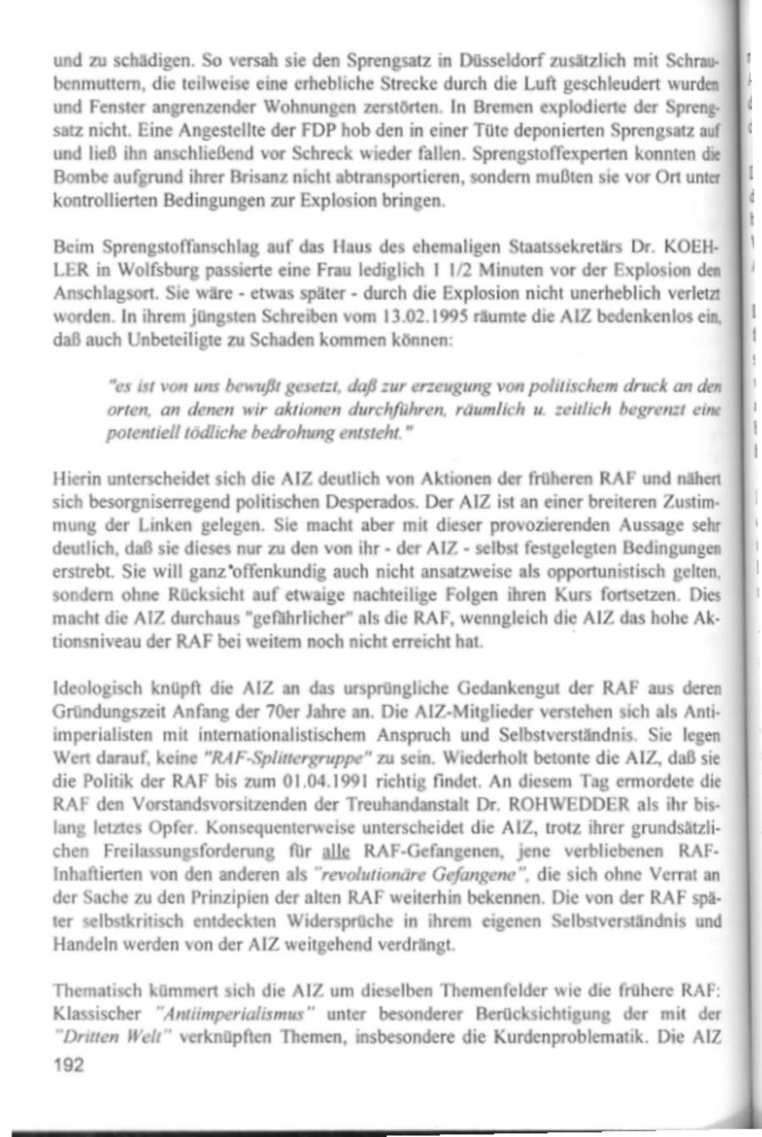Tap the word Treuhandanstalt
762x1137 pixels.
(412, 795)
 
